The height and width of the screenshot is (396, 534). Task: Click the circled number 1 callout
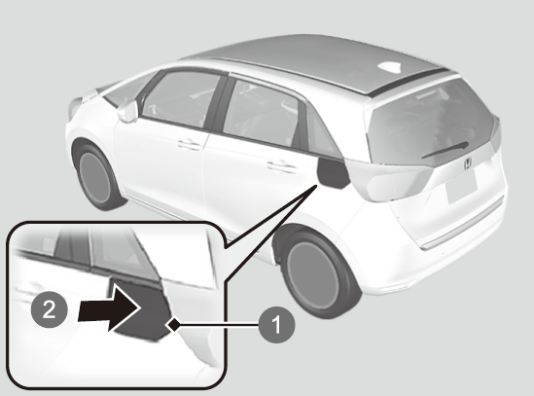(x=276, y=324)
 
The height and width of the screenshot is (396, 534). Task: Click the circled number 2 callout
(x=49, y=309)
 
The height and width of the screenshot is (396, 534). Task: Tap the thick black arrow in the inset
(x=109, y=308)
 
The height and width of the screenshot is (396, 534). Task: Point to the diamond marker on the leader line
(x=173, y=325)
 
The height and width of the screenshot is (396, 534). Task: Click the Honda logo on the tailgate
(x=468, y=163)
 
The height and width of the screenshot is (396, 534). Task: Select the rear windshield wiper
(x=445, y=150)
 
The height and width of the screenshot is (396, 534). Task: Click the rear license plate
(x=462, y=187)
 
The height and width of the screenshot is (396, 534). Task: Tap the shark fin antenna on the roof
(x=391, y=66)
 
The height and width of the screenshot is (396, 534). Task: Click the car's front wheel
(x=96, y=176)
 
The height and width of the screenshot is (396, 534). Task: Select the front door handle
(x=190, y=145)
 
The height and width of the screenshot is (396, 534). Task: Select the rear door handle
(x=281, y=166)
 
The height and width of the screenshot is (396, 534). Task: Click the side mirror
(x=127, y=110)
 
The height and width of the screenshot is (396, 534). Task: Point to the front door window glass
(x=181, y=98)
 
